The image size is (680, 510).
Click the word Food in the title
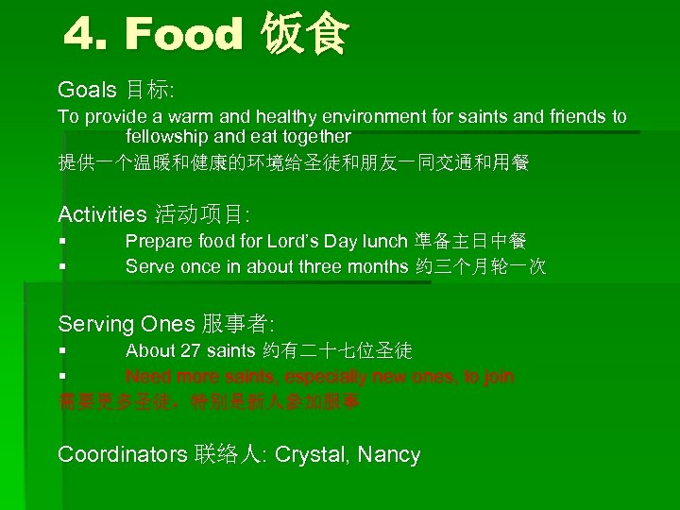point(184,35)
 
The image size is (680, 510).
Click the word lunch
point(382,243)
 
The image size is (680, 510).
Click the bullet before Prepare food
point(61,243)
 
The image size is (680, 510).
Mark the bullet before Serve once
point(61,266)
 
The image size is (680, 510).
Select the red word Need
point(146,377)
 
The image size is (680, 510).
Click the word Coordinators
point(122,455)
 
